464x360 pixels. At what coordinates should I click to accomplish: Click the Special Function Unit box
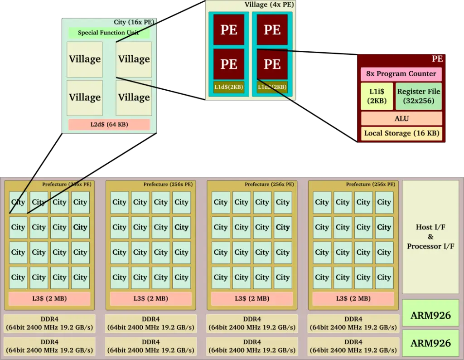point(109,33)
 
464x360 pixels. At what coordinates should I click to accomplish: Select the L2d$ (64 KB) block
point(109,124)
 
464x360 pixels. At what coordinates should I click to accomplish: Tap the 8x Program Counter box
point(401,74)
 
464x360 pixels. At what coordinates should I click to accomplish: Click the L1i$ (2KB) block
point(377,96)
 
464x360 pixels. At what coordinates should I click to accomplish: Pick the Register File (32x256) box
point(418,96)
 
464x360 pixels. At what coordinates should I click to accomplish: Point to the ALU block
point(401,118)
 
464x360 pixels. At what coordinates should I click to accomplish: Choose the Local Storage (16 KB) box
point(401,133)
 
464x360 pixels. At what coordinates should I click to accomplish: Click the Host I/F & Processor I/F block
point(430,237)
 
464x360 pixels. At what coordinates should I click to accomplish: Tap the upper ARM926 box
point(430,315)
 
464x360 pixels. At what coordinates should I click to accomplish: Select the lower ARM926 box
point(430,343)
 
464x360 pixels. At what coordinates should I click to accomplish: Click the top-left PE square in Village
point(229,29)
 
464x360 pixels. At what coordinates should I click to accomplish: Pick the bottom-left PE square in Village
point(229,64)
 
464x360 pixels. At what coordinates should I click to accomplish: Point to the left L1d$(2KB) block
point(229,87)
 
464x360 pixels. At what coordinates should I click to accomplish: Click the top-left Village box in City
point(85,59)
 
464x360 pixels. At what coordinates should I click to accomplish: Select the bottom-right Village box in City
point(134,98)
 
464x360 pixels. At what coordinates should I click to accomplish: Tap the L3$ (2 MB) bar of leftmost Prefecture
point(49,298)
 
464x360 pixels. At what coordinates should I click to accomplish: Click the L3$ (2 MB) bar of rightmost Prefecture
point(353,298)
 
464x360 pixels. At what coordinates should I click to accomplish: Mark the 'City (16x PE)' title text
point(134,22)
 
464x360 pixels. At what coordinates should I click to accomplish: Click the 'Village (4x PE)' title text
point(269,5)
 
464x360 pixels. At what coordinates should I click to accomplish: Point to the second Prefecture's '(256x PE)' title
point(180,184)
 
